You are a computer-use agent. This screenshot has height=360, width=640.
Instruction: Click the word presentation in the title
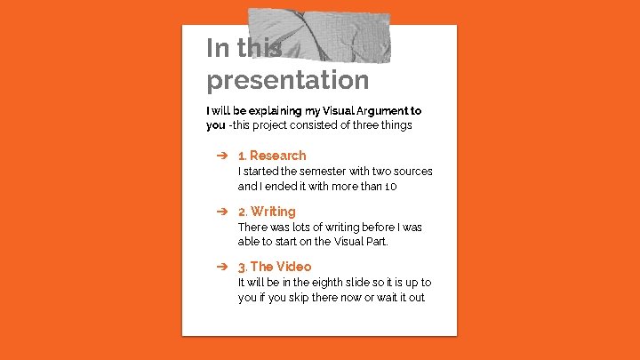tap(287, 81)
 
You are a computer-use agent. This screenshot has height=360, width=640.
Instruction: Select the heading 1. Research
tap(271, 156)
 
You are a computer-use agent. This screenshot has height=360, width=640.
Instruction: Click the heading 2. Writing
tap(266, 212)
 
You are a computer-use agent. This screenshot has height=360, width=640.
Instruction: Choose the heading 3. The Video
tap(274, 267)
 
